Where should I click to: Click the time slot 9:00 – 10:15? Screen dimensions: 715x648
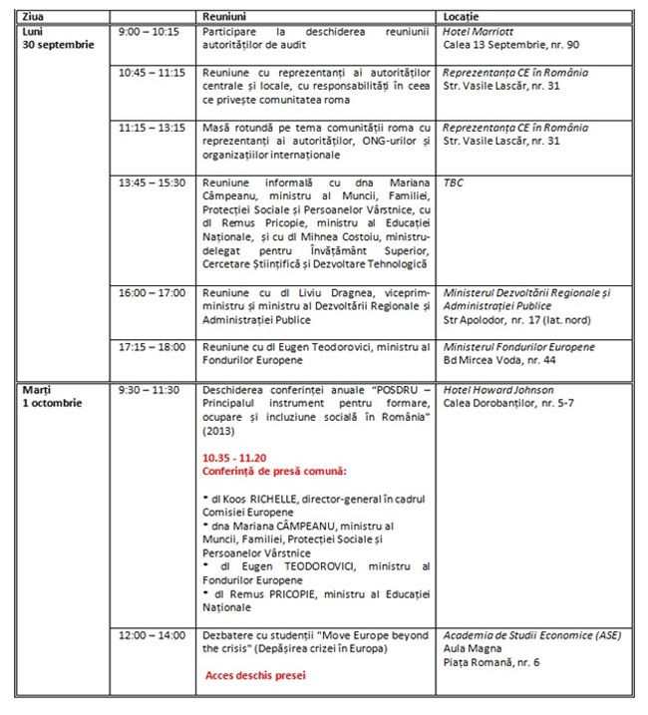pos(148,32)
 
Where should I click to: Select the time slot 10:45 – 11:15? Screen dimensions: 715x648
pos(153,73)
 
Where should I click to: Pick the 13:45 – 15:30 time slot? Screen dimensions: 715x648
pos(153,183)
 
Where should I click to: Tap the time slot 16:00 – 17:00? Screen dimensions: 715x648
pos(153,292)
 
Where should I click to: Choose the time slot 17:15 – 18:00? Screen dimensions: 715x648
pos(153,346)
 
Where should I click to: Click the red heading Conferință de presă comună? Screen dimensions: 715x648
pos(261,469)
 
